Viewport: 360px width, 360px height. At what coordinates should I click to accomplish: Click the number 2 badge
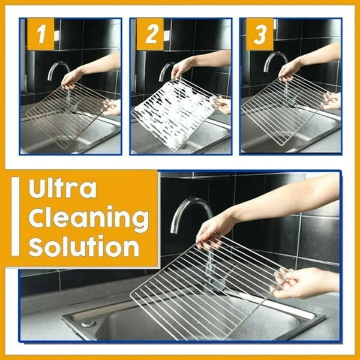click(x=149, y=36)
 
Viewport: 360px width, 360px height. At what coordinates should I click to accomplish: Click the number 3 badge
click(x=260, y=36)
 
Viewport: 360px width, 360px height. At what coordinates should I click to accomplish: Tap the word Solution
click(x=83, y=247)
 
